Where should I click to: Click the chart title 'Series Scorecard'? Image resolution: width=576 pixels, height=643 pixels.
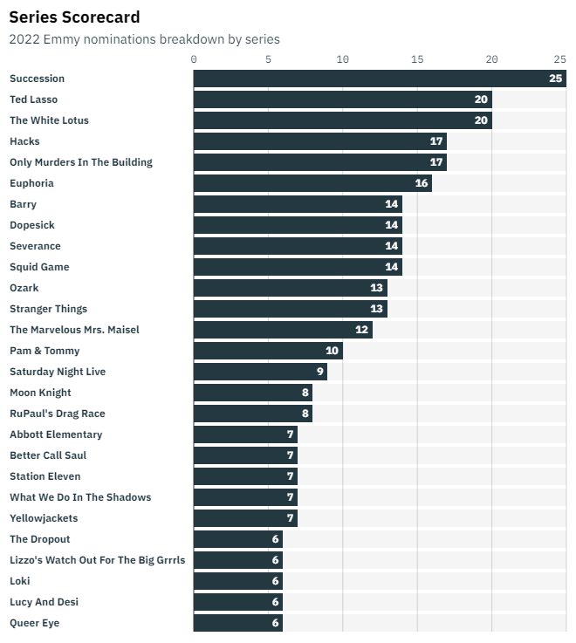[x=74, y=17]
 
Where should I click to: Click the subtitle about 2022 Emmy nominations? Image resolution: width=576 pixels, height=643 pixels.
[x=144, y=39]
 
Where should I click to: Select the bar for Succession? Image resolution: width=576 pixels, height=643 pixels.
[x=380, y=79]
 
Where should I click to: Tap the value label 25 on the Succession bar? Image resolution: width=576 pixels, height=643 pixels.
[x=555, y=79]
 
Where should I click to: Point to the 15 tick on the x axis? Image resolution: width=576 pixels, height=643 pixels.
[x=417, y=59]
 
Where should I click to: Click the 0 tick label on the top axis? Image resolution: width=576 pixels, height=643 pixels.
[x=194, y=59]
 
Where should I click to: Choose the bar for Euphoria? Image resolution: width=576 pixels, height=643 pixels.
[x=312, y=183]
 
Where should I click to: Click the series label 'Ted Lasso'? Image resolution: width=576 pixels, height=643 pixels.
[x=33, y=99]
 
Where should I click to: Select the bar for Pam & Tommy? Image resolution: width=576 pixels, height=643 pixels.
[x=268, y=351]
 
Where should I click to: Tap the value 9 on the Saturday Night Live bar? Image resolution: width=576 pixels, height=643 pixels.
[x=319, y=372]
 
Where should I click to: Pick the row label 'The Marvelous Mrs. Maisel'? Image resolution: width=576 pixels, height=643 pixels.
[x=74, y=330]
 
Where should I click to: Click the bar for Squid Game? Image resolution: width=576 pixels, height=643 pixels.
[x=298, y=267]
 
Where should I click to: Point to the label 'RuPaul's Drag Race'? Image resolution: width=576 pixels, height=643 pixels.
[x=58, y=414]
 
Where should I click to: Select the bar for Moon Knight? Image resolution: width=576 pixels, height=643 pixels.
[x=253, y=393]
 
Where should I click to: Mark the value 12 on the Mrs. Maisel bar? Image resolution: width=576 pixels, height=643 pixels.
[x=361, y=330]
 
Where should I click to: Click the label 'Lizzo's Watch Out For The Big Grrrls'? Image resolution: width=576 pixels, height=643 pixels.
[x=98, y=560]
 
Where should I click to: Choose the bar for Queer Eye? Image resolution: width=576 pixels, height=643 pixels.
[x=238, y=623]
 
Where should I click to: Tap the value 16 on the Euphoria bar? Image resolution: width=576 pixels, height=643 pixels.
[x=421, y=183]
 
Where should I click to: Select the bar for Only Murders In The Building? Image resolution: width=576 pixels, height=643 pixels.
[x=319, y=162]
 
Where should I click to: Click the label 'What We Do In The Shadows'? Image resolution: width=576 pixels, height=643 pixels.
[x=80, y=497]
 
